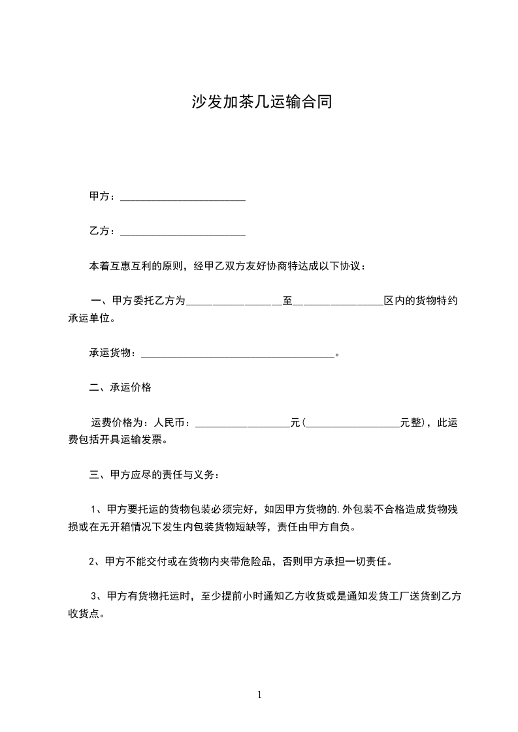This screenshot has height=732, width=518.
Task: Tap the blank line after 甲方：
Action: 183,197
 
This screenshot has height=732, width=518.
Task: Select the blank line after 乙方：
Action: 183,232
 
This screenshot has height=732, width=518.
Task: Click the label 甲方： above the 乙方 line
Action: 103,196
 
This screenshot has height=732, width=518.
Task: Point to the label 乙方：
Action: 103,231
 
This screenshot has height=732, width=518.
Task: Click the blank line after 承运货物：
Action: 238,354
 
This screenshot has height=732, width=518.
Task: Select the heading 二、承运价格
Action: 120,388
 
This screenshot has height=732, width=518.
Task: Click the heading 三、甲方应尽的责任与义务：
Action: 155,475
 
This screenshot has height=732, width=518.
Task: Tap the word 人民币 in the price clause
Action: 168,423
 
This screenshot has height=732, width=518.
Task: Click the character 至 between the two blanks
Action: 287,301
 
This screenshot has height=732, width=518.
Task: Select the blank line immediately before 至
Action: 234,303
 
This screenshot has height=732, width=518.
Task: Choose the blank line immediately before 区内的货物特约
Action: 338,303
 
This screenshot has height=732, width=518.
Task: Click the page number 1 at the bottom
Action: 259,695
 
